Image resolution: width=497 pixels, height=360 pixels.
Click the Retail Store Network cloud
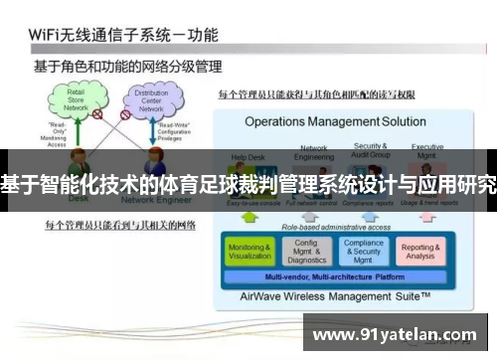pyautogui.click(x=74, y=99)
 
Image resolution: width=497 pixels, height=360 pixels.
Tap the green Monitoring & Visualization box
pyautogui.click(x=249, y=251)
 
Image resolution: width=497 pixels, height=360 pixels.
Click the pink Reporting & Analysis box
pyautogui.click(x=419, y=251)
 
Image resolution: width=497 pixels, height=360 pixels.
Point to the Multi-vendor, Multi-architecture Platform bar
pyautogui.click(x=335, y=276)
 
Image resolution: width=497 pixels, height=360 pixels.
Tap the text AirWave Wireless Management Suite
pyautogui.click(x=334, y=296)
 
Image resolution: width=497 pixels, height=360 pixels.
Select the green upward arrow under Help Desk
pyautogui.click(x=249, y=216)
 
